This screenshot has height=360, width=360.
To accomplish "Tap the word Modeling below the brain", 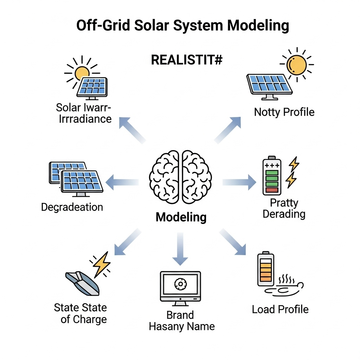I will pyautogui.click(x=181, y=217).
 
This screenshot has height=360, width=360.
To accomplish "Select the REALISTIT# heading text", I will pyautogui.click(x=187, y=60).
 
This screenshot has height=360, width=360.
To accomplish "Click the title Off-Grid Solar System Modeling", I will pyautogui.click(x=183, y=26).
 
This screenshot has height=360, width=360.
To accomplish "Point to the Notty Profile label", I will pyautogui.click(x=284, y=112).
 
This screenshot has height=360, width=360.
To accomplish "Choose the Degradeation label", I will pyautogui.click(x=72, y=207).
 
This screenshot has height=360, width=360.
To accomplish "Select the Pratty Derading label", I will pyautogui.click(x=284, y=208).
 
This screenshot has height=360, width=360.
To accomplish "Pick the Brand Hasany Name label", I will pyautogui.click(x=181, y=320).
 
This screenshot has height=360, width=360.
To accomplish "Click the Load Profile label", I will pyautogui.click(x=280, y=309).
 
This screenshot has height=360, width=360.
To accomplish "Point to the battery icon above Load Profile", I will pyautogui.click(x=265, y=269).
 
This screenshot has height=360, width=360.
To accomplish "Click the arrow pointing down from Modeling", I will pyautogui.click(x=180, y=250).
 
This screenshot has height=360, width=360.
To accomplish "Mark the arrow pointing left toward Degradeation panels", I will pyautogui.click(x=122, y=182).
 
